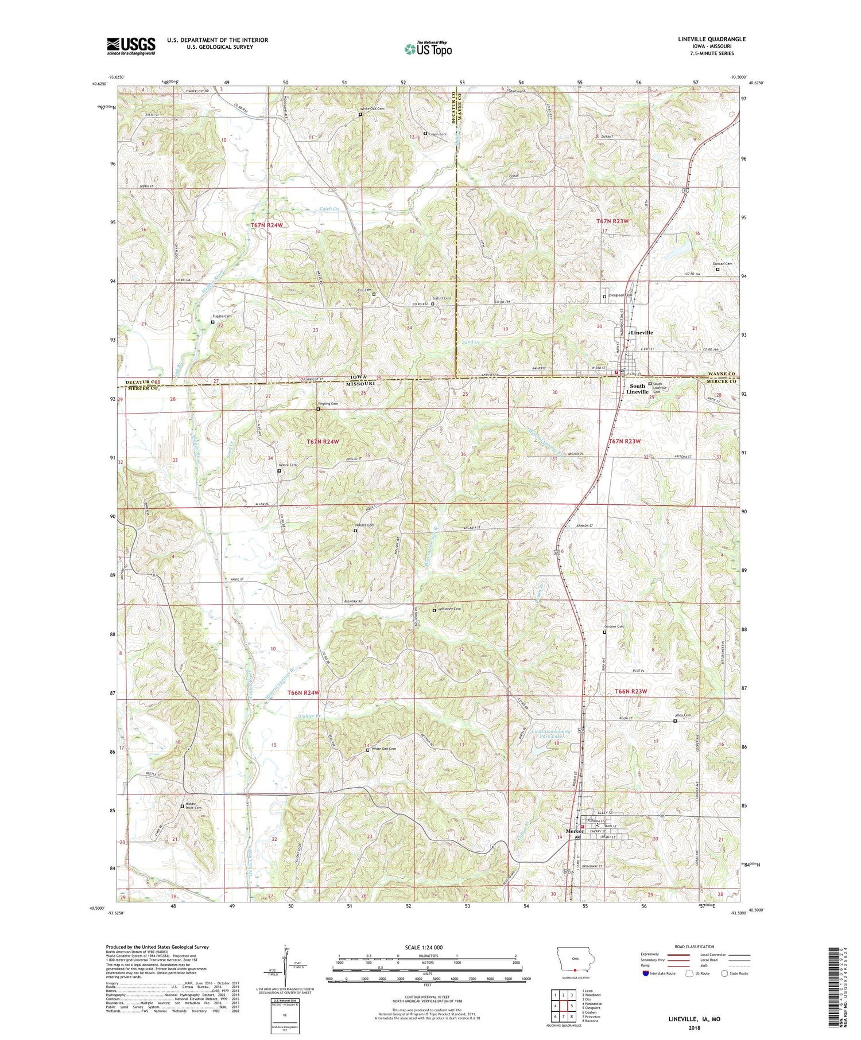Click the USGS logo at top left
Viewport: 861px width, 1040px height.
[131, 45]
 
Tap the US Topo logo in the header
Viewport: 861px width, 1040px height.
[428, 49]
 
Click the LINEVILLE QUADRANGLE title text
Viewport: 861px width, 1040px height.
[709, 39]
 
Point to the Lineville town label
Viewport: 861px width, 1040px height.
[641, 333]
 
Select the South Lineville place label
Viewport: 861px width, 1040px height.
[637, 389]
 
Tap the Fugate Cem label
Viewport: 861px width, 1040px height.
[223, 316]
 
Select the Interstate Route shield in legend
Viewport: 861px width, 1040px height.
[647, 973]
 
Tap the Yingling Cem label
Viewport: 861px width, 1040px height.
[328, 404]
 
